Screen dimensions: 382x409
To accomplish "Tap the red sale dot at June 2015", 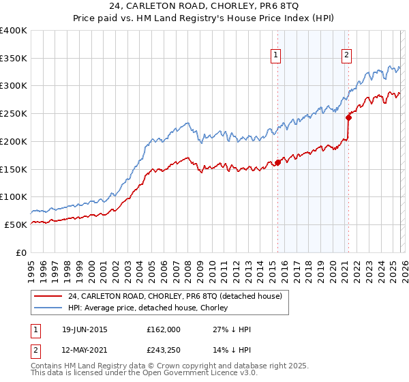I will point(277,162).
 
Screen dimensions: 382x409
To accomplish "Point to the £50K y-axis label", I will point(16,224).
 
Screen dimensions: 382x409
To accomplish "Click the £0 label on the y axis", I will point(20,252).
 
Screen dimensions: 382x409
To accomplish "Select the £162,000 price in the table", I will point(164,329).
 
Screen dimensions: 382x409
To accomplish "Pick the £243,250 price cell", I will point(164,350).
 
